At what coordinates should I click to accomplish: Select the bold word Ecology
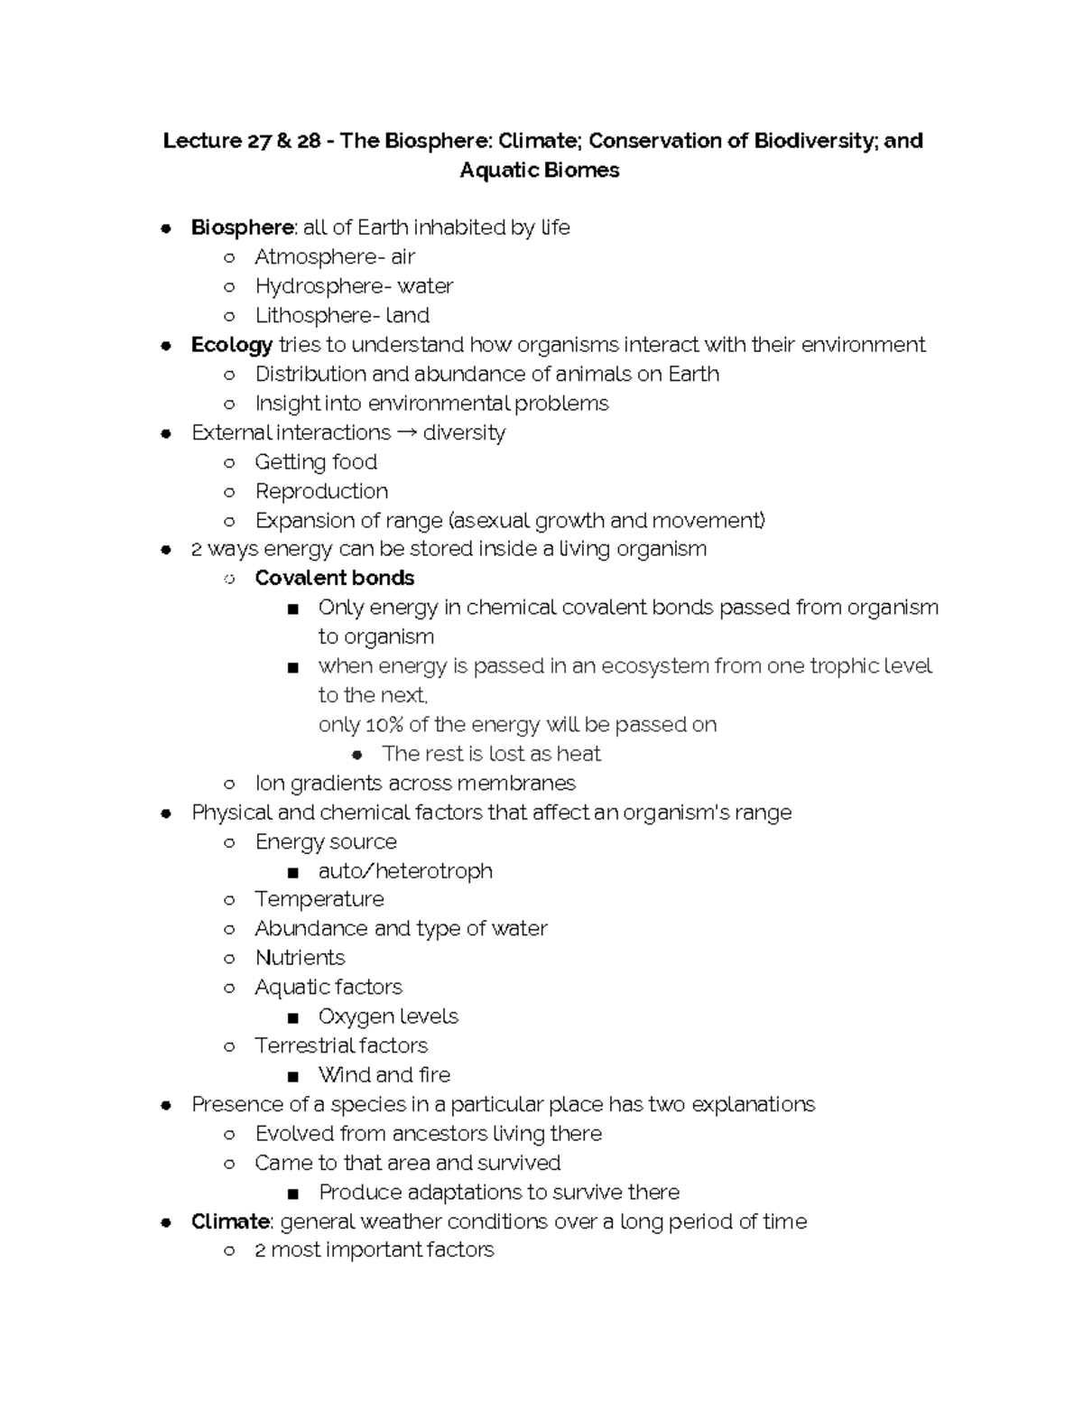[x=231, y=345]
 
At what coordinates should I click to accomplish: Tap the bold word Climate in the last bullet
[x=230, y=1221]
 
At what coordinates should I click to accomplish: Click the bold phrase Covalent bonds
[x=334, y=578]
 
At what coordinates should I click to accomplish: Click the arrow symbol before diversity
[x=407, y=433]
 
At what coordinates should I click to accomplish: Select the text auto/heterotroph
[x=405, y=871]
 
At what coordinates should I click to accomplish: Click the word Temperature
[x=319, y=899]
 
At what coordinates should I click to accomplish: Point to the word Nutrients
[x=300, y=958]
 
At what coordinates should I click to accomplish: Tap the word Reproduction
[x=321, y=491]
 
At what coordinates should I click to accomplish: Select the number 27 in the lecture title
[x=259, y=141]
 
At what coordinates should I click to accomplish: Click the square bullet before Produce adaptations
[x=292, y=1193]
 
